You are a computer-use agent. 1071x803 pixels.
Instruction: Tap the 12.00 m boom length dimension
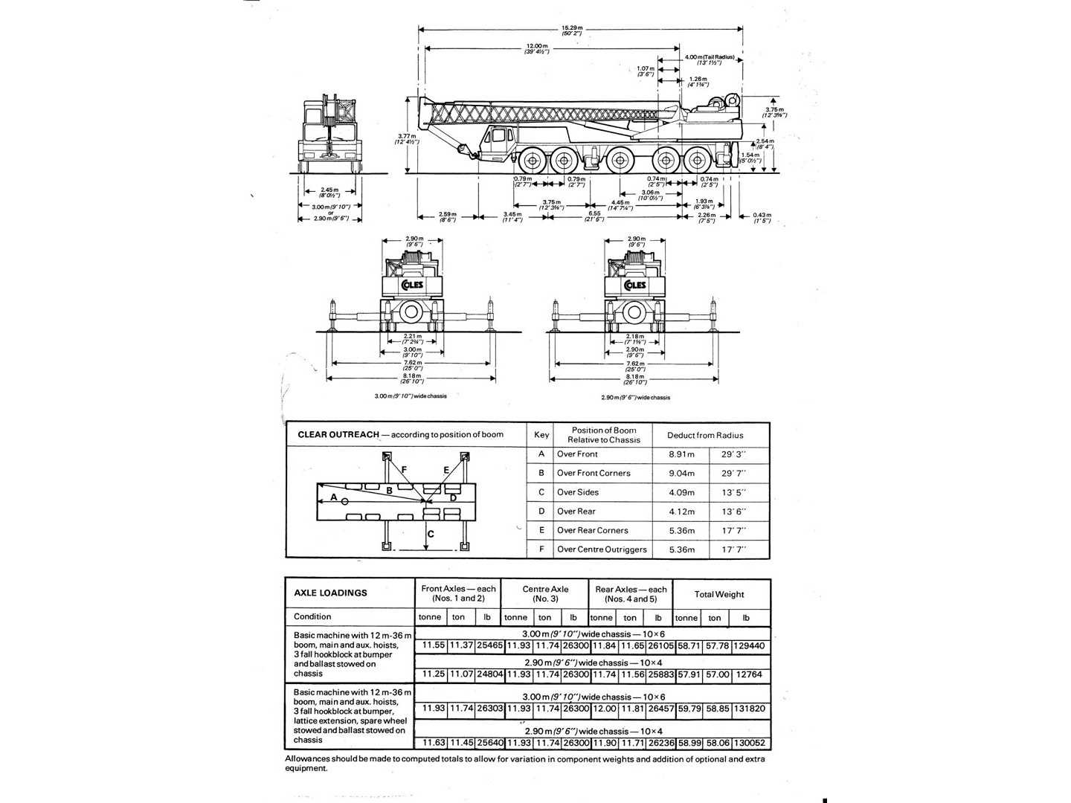click(x=536, y=48)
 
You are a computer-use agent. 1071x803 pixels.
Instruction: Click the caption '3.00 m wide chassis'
click(x=411, y=396)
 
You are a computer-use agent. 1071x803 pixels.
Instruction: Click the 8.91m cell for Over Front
click(x=681, y=454)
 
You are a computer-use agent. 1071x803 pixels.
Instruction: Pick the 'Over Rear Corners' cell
click(x=592, y=531)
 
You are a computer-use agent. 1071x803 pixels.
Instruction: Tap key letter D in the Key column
click(x=541, y=512)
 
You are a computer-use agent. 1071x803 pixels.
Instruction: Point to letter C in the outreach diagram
click(x=431, y=533)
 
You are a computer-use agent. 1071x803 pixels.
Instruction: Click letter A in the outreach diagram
click(x=334, y=497)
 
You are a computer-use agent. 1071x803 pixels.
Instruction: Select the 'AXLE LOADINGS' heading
click(x=330, y=593)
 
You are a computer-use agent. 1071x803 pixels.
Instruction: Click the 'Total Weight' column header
click(x=719, y=594)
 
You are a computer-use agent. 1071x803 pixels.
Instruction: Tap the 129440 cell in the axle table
click(x=749, y=646)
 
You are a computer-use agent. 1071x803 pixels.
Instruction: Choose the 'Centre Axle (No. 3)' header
click(x=545, y=593)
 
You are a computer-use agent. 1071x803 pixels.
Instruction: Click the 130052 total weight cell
click(x=749, y=743)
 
